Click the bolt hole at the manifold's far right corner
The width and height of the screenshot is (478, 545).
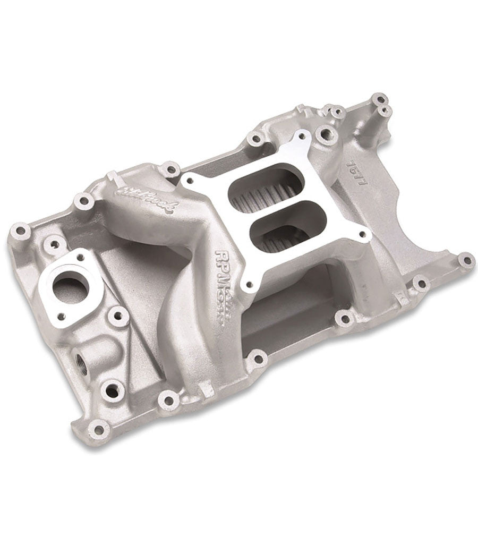tap(466, 260)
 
